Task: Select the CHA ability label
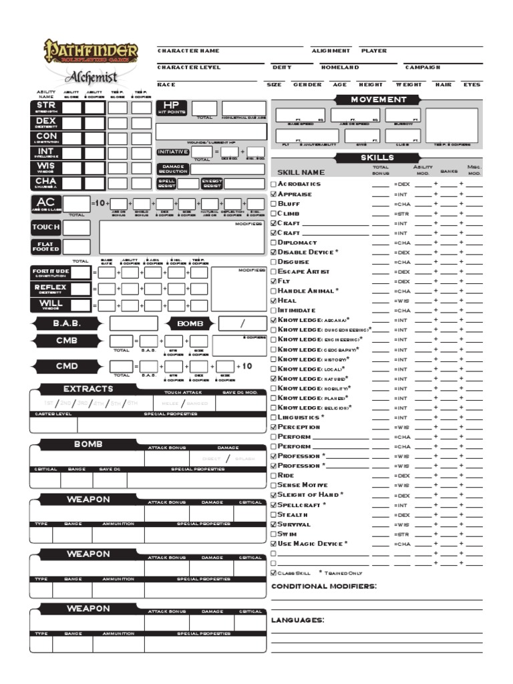tap(46, 183)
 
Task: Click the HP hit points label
tap(172, 108)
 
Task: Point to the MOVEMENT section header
tap(379, 100)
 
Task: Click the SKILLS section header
tap(378, 158)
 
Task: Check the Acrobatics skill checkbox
tap(273, 184)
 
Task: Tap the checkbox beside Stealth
tap(273, 515)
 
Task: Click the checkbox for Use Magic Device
tap(273, 544)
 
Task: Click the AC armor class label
tap(46, 204)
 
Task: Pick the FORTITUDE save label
tap(50, 273)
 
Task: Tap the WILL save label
tap(50, 305)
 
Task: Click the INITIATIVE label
tap(173, 152)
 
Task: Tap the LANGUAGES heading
tap(298, 621)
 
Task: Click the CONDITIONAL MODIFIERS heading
tap(324, 586)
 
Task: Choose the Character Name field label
tap(188, 51)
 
